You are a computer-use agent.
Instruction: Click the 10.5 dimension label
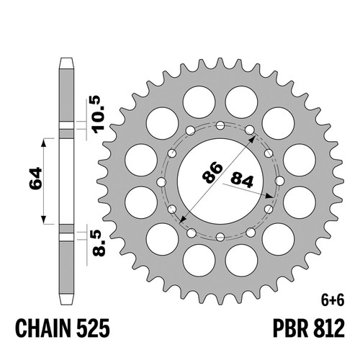click(99, 114)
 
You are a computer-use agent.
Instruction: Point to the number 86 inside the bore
click(212, 172)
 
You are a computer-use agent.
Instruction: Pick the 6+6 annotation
click(333, 301)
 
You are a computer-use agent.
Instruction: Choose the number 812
click(328, 328)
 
